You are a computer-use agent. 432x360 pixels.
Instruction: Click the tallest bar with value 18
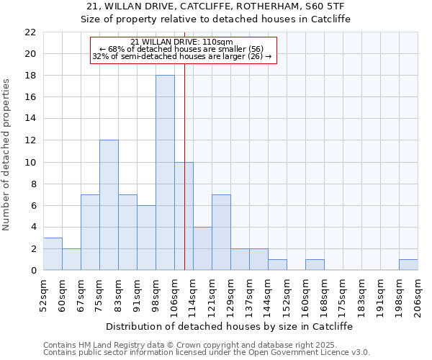[x=165, y=173]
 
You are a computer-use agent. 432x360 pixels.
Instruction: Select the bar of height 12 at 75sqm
[x=109, y=205]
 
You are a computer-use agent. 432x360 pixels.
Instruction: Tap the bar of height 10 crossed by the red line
[x=184, y=216]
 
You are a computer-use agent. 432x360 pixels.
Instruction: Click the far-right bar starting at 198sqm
[x=408, y=265]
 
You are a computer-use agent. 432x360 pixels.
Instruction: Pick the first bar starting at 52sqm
[x=53, y=254]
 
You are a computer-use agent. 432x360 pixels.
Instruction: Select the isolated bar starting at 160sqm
[x=315, y=265]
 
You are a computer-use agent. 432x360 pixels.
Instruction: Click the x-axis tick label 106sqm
[x=174, y=294]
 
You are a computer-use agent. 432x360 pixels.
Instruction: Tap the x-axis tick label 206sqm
[x=418, y=294]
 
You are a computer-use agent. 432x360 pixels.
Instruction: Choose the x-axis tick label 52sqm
[x=43, y=294]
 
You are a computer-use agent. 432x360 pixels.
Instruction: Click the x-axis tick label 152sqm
[x=287, y=294]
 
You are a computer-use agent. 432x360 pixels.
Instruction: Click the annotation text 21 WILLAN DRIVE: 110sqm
[x=182, y=42]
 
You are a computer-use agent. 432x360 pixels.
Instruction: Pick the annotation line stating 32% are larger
[x=182, y=56]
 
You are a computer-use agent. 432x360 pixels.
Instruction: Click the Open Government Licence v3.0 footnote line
[x=207, y=353]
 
